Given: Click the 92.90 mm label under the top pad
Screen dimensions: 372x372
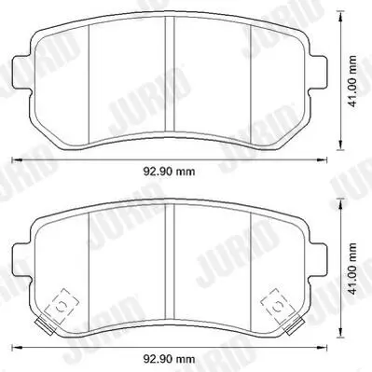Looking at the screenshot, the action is coord(169,171).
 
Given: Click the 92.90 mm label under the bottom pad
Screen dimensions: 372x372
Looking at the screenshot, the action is coord(169,359).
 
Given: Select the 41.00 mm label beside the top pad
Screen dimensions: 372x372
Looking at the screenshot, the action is coord(352,81).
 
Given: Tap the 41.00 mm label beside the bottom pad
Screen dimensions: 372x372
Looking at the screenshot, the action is coord(352,269).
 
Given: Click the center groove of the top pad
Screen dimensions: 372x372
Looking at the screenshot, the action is coord(170,74).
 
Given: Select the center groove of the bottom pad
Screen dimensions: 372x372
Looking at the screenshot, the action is coord(170,262).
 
